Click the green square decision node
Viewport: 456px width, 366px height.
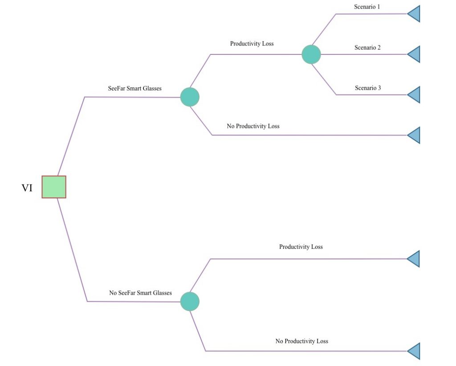pos(54,187)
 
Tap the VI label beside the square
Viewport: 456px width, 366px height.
pos(27,188)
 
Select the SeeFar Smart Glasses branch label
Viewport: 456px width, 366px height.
pos(134,88)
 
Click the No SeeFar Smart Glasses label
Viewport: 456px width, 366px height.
pos(140,292)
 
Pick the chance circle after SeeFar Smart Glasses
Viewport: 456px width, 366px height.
pos(190,97)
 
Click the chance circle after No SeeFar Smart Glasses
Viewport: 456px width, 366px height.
pos(190,301)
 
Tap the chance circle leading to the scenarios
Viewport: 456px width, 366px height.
pos(311,54)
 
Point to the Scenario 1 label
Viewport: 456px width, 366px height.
pos(367,7)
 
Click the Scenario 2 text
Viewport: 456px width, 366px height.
pos(367,47)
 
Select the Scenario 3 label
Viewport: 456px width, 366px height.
pos(368,88)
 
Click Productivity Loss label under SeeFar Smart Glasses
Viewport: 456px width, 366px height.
pos(252,44)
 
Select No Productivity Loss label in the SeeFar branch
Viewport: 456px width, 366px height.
pos(253,126)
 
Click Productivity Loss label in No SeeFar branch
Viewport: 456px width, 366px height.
pos(301,247)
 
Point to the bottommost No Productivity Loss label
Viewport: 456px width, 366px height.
pos(301,341)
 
